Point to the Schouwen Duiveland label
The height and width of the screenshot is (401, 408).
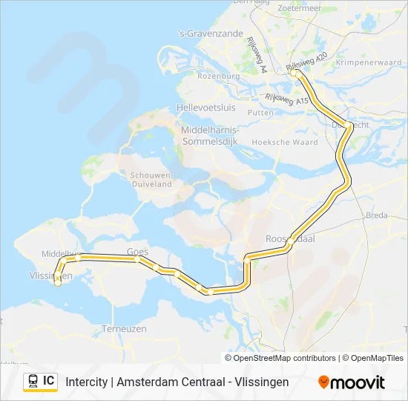(x=151, y=180)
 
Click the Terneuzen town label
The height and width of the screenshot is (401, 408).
(x=124, y=327)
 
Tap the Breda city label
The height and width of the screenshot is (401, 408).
(x=376, y=215)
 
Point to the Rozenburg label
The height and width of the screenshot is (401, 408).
(x=217, y=76)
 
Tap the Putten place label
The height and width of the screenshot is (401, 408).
(x=260, y=112)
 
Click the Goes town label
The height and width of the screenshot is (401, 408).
(x=137, y=252)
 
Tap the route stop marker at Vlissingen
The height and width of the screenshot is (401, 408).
(x=58, y=282)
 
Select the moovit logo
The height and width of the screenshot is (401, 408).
(x=352, y=382)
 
